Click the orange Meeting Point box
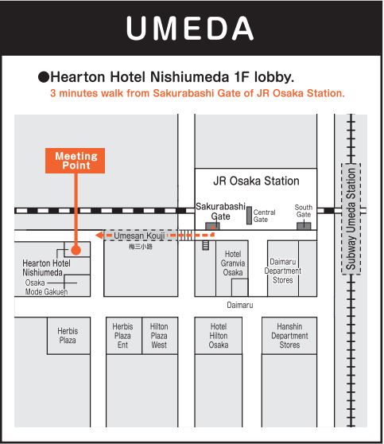click(x=75, y=161)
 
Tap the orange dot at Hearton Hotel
click(x=76, y=250)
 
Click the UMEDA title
click(x=190, y=28)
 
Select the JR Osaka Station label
click(x=256, y=181)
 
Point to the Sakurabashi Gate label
click(x=220, y=211)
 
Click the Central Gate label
click(x=264, y=216)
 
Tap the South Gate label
click(x=304, y=211)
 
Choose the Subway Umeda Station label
click(x=351, y=219)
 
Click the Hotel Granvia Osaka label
click(x=233, y=263)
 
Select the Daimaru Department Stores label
click(x=283, y=271)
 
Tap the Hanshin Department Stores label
click(x=289, y=336)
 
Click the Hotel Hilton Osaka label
click(x=219, y=336)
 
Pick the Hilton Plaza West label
click(x=159, y=336)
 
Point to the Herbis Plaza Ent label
click(x=122, y=336)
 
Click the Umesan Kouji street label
click(x=139, y=236)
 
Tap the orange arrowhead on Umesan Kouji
click(x=99, y=236)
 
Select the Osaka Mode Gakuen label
click(x=46, y=287)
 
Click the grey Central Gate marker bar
click(x=249, y=216)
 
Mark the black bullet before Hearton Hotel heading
click(x=44, y=77)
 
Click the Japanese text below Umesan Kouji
click(x=141, y=247)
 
